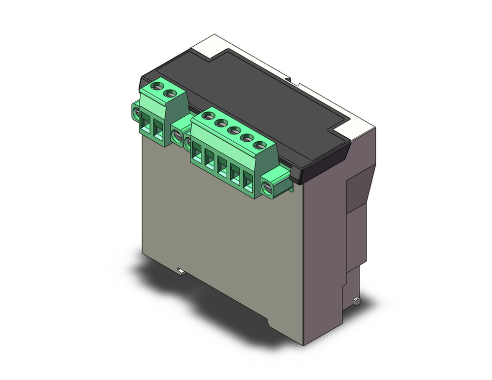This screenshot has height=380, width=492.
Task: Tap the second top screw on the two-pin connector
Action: (171, 92)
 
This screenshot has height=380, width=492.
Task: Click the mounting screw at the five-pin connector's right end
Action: (268, 188)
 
